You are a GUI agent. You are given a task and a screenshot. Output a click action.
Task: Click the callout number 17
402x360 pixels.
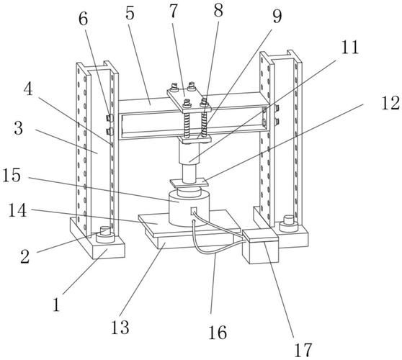303,349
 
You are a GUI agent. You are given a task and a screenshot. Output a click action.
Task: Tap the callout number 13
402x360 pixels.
120,327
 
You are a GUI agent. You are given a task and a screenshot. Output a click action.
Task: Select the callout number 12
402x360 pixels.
390,103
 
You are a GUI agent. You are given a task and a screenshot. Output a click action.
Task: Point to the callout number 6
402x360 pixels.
83,19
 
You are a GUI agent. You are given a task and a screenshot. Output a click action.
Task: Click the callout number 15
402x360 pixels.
12,175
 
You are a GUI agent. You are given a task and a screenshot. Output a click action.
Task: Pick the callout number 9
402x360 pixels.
277,16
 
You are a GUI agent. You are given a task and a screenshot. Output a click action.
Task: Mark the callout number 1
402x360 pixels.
56,305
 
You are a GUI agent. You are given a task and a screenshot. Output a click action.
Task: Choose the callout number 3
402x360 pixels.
19,128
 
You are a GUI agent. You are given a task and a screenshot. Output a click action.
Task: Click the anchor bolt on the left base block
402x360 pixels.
105,235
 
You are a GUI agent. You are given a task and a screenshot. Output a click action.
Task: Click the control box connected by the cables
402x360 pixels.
261,247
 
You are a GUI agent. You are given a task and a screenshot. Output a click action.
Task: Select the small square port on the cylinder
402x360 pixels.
194,211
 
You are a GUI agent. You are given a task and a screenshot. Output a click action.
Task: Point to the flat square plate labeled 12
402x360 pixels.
189,183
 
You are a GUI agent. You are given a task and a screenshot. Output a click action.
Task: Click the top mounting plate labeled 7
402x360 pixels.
189,99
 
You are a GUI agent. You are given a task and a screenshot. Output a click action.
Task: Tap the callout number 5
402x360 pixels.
130,14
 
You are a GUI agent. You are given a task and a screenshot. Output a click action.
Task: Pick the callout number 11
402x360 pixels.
349,47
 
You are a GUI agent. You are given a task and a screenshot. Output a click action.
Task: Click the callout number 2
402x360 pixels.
25,257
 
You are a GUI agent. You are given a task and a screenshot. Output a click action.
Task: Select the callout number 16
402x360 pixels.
218,333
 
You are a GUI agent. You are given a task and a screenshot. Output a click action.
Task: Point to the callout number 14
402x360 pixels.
17,210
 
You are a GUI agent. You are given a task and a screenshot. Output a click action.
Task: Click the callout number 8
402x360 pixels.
218,11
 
